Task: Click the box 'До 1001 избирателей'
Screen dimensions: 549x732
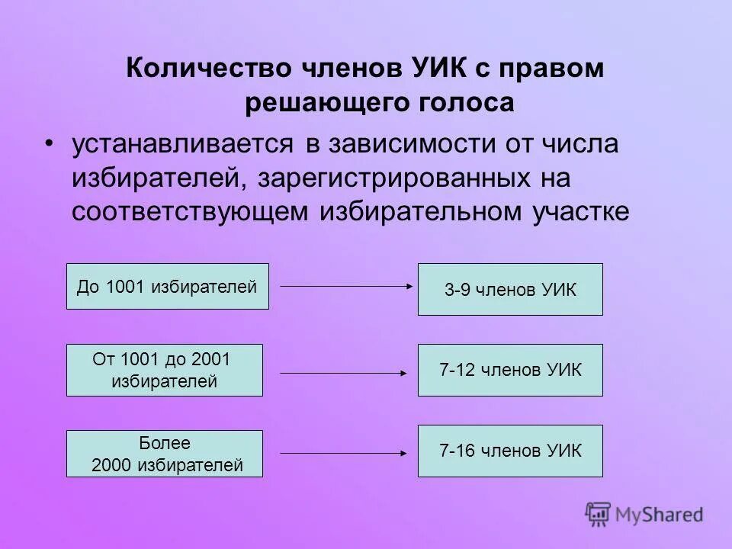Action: click(x=167, y=287)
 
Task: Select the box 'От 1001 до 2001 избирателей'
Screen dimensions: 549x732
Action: click(x=164, y=370)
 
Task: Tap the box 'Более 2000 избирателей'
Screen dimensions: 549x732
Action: click(x=164, y=454)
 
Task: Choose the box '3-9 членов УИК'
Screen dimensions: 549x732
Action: click(x=510, y=290)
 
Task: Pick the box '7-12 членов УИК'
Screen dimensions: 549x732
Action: click(x=510, y=370)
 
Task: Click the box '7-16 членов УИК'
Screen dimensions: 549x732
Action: click(x=510, y=451)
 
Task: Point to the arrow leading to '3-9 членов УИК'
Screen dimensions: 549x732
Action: click(x=347, y=286)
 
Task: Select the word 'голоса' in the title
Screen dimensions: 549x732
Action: click(x=470, y=103)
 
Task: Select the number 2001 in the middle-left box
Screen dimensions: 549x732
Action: click(x=211, y=358)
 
